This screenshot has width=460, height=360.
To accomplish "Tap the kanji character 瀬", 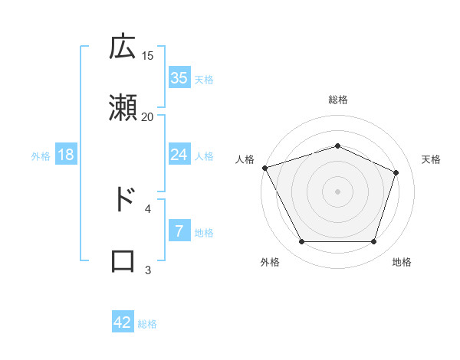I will (123, 107).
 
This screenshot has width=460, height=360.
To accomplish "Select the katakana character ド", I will (123, 199).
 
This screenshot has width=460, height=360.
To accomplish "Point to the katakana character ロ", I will (123, 260).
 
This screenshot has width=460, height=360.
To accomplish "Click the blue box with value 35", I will (179, 77).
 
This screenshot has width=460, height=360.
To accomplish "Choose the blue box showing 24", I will (179, 155).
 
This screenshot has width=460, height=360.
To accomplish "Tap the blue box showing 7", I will (179, 231).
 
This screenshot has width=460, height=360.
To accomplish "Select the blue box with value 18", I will (66, 155).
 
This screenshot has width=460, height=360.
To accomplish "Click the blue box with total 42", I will (123, 322).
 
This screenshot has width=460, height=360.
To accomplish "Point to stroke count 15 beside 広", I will (148, 55).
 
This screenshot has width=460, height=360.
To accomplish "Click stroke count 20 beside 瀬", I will (148, 116).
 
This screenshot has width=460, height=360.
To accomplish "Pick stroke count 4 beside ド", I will (148, 208).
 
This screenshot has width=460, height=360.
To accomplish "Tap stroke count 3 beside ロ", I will (148, 269).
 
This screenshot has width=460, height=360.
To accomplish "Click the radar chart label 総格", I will (338, 100).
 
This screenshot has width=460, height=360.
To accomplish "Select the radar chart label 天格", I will (432, 159).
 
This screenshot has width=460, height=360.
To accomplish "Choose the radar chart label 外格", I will (270, 262).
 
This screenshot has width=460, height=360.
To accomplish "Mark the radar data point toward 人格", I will (264, 168).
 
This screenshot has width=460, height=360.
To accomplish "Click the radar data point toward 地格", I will (374, 242).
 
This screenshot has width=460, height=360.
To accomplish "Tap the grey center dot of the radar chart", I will (338, 191).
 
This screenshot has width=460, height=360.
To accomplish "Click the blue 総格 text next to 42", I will (147, 324).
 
